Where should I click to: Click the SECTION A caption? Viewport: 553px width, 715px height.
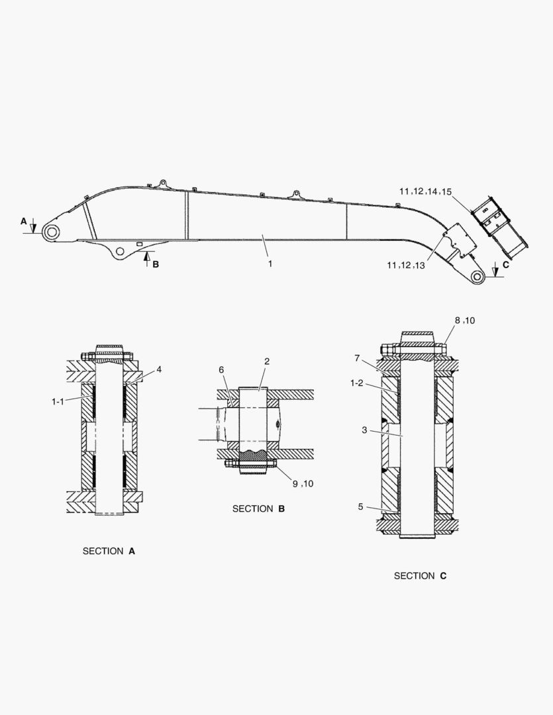[109, 551]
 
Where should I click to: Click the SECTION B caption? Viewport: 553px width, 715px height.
[258, 508]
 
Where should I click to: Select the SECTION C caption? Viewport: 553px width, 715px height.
[420, 576]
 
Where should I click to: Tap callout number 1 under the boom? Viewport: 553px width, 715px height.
[270, 263]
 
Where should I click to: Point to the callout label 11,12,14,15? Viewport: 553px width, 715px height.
[425, 191]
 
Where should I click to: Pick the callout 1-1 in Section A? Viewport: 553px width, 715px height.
[59, 401]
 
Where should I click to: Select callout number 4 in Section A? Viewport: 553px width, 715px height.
[158, 369]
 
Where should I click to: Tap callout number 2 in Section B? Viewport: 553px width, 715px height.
[266, 361]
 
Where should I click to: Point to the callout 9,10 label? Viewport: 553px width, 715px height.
[302, 483]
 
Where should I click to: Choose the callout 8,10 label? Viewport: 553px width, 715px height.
[464, 320]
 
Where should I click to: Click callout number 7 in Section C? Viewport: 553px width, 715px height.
[357, 358]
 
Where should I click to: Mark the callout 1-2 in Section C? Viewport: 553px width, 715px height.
[356, 383]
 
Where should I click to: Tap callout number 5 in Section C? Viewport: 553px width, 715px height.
[360, 506]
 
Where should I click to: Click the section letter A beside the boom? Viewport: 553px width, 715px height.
[24, 221]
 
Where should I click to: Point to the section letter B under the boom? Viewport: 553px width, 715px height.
[156, 265]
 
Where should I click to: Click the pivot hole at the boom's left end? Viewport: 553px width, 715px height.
[51, 231]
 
